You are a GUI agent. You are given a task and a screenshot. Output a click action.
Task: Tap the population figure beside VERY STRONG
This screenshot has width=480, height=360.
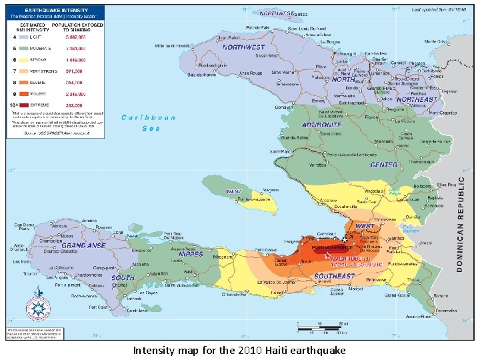click(74, 71)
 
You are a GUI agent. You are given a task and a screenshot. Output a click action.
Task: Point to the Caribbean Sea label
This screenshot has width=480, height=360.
click(148, 123)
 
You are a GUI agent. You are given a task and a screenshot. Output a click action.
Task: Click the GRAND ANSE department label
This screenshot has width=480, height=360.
click(83, 246)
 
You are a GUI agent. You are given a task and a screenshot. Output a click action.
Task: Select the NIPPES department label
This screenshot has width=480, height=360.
click(191, 254)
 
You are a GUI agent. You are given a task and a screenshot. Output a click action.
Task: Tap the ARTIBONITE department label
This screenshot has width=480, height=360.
click(321, 125)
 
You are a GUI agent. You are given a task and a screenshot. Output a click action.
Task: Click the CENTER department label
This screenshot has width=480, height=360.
click(383, 165)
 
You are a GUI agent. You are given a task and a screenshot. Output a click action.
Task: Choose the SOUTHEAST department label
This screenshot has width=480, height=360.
click(334, 275)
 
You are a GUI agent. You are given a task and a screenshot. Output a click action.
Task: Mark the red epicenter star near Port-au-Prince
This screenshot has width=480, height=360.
click(327, 255)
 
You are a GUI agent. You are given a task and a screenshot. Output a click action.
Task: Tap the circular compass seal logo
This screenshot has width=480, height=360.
click(38, 308)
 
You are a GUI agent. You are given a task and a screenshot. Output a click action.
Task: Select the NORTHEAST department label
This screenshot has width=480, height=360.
click(416, 100)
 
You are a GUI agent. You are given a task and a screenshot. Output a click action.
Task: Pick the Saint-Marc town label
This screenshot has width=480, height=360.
click(281, 152)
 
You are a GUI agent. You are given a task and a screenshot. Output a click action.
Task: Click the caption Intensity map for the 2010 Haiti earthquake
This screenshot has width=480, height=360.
click(239, 350)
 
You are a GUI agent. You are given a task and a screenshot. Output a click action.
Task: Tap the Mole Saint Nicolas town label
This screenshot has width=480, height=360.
click(173, 46)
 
